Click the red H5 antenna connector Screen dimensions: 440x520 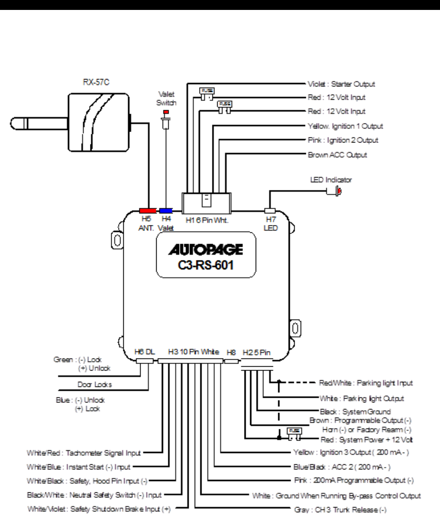point(148,211)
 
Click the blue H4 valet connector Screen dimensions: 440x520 point(166,211)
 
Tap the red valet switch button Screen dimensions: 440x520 point(166,112)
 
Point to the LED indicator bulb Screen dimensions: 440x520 point(339,191)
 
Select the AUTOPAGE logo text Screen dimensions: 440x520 point(206,250)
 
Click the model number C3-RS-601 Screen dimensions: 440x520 point(206,265)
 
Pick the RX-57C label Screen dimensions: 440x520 point(96,82)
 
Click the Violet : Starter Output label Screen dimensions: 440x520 point(341,84)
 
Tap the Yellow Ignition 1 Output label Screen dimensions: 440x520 point(345,126)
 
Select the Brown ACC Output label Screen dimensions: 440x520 point(337,155)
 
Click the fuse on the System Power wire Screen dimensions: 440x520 point(294,434)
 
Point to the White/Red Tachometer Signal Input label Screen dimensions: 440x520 point(84,453)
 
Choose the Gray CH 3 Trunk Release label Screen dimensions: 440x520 point(340,510)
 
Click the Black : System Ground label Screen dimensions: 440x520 point(355,412)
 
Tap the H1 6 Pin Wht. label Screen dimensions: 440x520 point(207,220)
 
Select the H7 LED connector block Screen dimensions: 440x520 point(270,211)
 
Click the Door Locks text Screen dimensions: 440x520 point(95,384)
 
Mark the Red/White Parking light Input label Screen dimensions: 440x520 point(366,383)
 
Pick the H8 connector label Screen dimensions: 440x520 point(231,352)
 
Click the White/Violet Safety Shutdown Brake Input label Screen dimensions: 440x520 point(99,509)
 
